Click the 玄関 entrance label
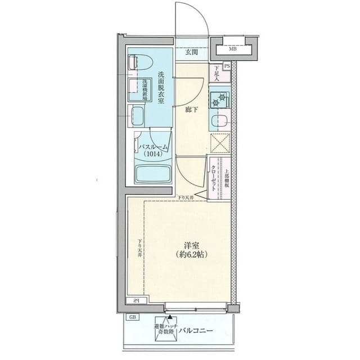click(191, 52)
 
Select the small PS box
click(227, 66)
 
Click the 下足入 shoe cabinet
click(215, 73)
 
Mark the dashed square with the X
click(220, 142)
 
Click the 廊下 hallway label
click(191, 110)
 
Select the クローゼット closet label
click(215, 178)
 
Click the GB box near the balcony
click(133, 317)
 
